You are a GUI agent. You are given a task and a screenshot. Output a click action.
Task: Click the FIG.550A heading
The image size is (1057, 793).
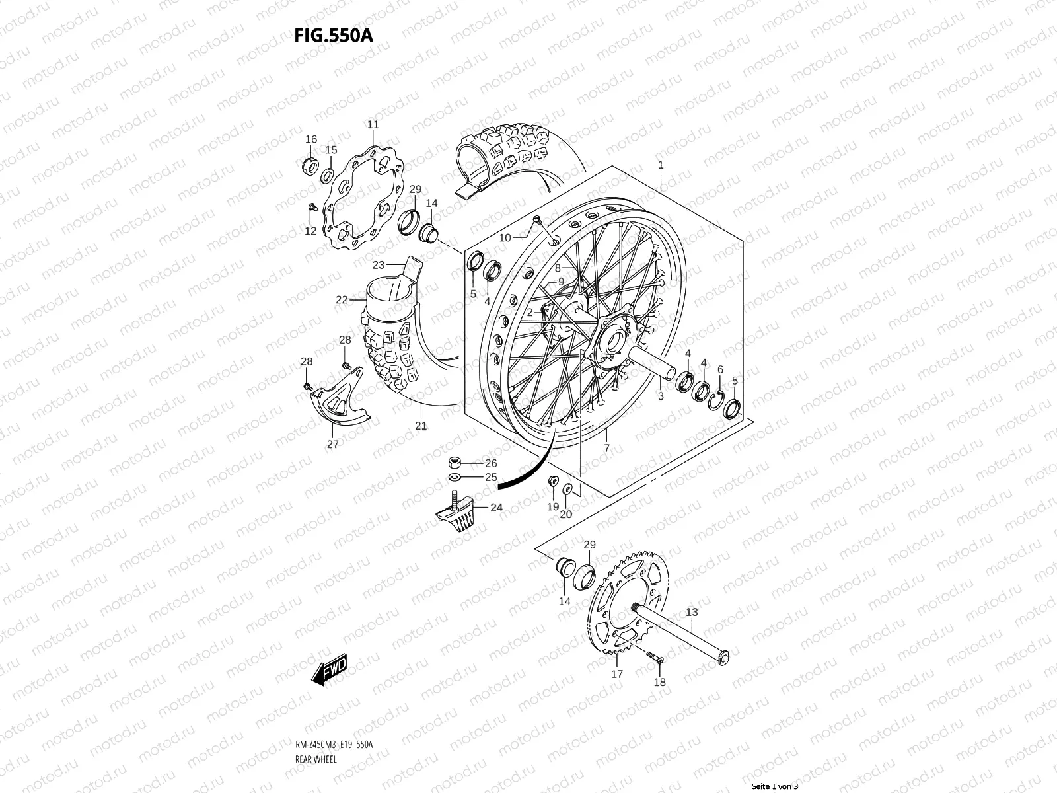click(334, 34)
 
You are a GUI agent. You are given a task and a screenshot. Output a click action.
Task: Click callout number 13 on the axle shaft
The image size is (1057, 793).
click(691, 612)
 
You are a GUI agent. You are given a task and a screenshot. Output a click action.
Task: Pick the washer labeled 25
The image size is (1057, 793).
click(455, 477)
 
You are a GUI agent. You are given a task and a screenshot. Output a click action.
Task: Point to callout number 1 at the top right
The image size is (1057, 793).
click(660, 165)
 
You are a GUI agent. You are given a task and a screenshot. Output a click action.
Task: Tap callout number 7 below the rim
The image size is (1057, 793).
click(606, 448)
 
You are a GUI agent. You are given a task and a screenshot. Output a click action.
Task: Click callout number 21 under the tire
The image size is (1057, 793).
click(421, 426)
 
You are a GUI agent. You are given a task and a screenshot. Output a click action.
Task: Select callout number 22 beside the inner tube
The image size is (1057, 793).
click(341, 299)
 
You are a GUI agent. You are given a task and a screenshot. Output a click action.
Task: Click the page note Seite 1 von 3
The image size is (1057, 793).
click(775, 786)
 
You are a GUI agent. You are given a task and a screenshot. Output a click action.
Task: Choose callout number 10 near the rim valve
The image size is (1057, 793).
click(505, 237)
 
